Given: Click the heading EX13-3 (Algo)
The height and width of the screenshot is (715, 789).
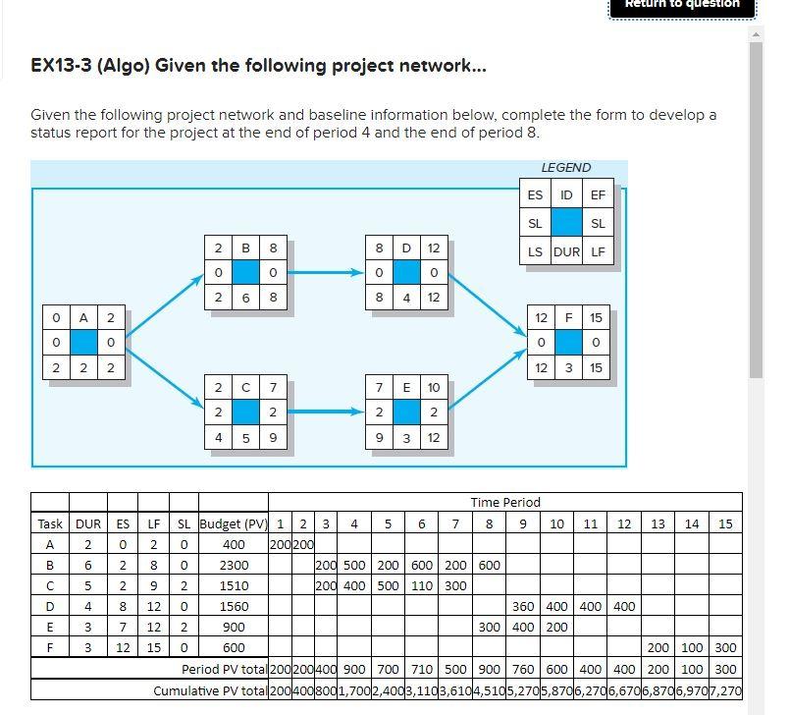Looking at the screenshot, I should pyautogui.click(x=259, y=66).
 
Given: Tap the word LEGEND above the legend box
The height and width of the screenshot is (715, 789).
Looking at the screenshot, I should pyautogui.click(x=566, y=168).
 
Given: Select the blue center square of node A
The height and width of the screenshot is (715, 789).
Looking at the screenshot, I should pyautogui.click(x=84, y=342).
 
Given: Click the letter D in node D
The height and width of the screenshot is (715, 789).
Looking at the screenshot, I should pyautogui.click(x=407, y=248).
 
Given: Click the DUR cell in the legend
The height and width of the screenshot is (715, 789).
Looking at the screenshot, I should pyautogui.click(x=566, y=251).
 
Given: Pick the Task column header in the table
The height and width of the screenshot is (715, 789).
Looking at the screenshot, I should pyautogui.click(x=49, y=523).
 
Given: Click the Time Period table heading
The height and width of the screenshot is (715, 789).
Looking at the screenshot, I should pyautogui.click(x=505, y=502).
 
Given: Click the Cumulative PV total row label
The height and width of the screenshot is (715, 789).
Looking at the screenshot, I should pyautogui.click(x=210, y=690).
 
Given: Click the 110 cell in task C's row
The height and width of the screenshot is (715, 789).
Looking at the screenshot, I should pyautogui.click(x=422, y=585).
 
